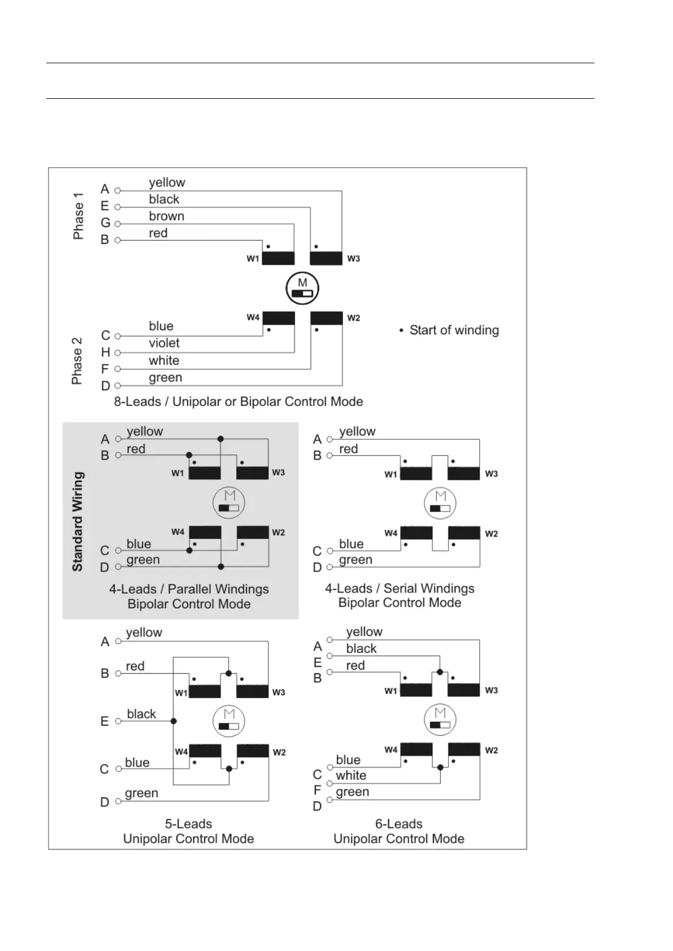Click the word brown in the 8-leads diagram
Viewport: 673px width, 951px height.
pyautogui.click(x=167, y=216)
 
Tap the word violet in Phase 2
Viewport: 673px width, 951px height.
pyautogui.click(x=164, y=343)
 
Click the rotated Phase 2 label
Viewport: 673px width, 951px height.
pyautogui.click(x=77, y=361)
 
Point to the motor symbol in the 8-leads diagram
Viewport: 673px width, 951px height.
pyautogui.click(x=302, y=288)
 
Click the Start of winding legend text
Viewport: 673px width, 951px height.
pyautogui.click(x=454, y=330)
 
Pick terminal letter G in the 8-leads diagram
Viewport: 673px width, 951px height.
pyautogui.click(x=106, y=223)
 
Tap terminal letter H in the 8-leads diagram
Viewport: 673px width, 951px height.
pyautogui.click(x=106, y=352)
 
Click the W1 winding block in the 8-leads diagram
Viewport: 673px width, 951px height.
pyautogui.click(x=278, y=258)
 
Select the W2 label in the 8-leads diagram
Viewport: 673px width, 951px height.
pyautogui.click(x=354, y=318)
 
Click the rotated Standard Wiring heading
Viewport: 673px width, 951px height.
pyautogui.click(x=78, y=521)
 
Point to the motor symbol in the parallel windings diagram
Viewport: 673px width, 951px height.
pyautogui.click(x=229, y=502)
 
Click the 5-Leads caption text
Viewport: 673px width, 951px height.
pyautogui.click(x=189, y=824)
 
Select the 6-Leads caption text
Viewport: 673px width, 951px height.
pyautogui.click(x=399, y=824)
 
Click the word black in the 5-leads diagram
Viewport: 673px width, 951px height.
pyautogui.click(x=141, y=714)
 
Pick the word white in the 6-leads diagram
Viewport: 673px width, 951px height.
pyautogui.click(x=351, y=775)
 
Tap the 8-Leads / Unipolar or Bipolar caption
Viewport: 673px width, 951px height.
pyautogui.click(x=238, y=402)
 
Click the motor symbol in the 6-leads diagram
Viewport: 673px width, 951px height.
pyautogui.click(x=440, y=719)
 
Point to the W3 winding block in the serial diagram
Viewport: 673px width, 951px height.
pyautogui.click(x=464, y=473)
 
